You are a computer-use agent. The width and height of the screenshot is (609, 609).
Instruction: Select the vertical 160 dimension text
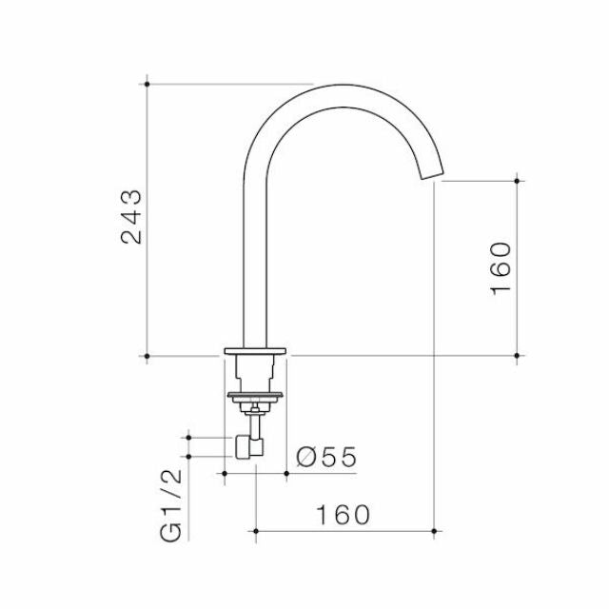click(501, 267)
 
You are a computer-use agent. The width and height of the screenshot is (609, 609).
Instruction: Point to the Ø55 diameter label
click(325, 457)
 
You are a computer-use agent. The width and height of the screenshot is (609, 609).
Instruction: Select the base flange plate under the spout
click(255, 352)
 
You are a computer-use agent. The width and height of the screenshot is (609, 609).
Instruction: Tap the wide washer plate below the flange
click(254, 392)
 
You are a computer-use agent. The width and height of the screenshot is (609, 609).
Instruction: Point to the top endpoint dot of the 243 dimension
click(147, 84)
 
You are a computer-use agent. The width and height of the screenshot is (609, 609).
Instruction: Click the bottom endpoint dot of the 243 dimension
click(147, 357)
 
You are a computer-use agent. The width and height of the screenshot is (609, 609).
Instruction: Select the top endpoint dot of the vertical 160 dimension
click(516, 179)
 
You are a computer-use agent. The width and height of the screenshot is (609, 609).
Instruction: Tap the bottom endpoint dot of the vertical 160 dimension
click(516, 357)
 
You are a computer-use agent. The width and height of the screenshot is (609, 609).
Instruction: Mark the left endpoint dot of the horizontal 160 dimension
click(255, 527)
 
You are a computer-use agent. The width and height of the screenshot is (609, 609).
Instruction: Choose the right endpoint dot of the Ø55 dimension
click(285, 469)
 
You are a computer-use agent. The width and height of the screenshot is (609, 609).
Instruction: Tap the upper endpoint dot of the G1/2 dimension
click(189, 438)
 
